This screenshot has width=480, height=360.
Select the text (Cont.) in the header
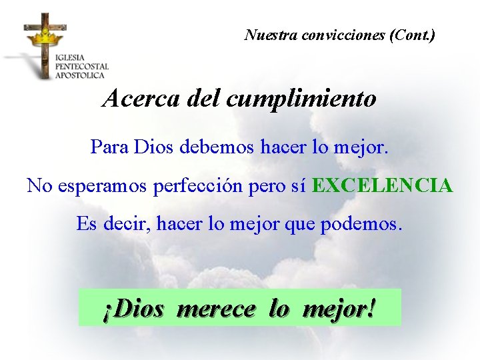[x=413, y=35]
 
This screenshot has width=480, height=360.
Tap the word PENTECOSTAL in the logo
[x=82, y=67]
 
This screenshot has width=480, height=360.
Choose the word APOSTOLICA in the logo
[x=80, y=75]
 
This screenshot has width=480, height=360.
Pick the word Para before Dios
[x=110, y=147]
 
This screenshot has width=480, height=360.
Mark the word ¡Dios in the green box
[x=133, y=309]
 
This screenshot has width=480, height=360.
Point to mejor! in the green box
[x=339, y=309]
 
